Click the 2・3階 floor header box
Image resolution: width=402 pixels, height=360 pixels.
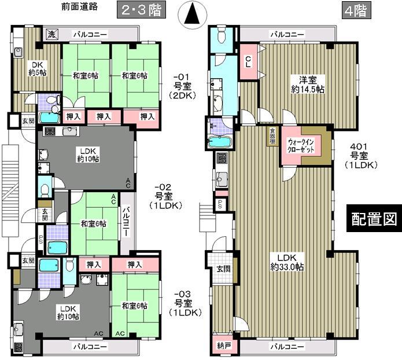(140, 10)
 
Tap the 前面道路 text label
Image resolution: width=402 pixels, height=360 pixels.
(79, 8)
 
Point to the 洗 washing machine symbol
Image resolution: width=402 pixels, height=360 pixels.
(52, 34)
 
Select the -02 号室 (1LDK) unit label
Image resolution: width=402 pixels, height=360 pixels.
(166, 196)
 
